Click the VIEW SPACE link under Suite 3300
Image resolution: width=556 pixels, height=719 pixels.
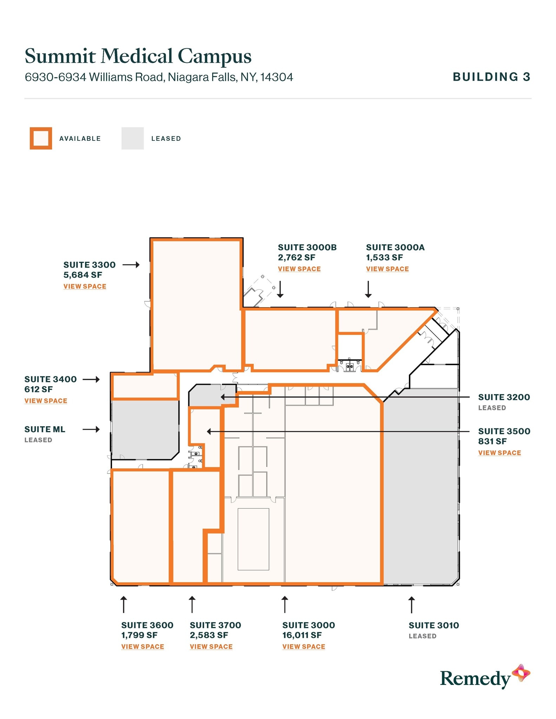[x=85, y=286]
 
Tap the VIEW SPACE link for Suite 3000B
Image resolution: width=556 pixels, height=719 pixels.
[x=299, y=269]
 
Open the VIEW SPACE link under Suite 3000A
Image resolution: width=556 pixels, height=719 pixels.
[x=387, y=269]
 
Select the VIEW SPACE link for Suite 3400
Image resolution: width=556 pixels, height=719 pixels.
[x=46, y=401]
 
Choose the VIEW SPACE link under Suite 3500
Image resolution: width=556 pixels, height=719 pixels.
[x=499, y=453]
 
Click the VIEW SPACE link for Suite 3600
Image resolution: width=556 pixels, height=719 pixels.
[x=143, y=647]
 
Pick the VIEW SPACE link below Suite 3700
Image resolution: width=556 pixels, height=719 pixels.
[x=211, y=647]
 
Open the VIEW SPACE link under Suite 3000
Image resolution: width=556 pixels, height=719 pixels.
[x=304, y=647]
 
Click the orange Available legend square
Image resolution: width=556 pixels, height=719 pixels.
[x=41, y=138]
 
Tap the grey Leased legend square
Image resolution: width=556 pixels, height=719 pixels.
[x=132, y=138]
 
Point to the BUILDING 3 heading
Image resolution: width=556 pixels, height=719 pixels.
[x=491, y=77]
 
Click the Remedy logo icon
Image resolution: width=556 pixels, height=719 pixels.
[x=521, y=673]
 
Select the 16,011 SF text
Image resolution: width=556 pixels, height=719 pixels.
[x=302, y=635]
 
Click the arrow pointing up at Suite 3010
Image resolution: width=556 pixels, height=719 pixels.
[x=411, y=605]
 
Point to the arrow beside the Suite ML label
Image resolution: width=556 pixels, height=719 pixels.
[x=91, y=429]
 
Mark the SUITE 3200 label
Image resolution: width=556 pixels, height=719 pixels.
[x=504, y=397]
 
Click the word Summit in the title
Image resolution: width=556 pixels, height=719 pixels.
[x=60, y=56]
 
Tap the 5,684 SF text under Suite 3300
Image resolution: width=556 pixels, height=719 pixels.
[x=83, y=275]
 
